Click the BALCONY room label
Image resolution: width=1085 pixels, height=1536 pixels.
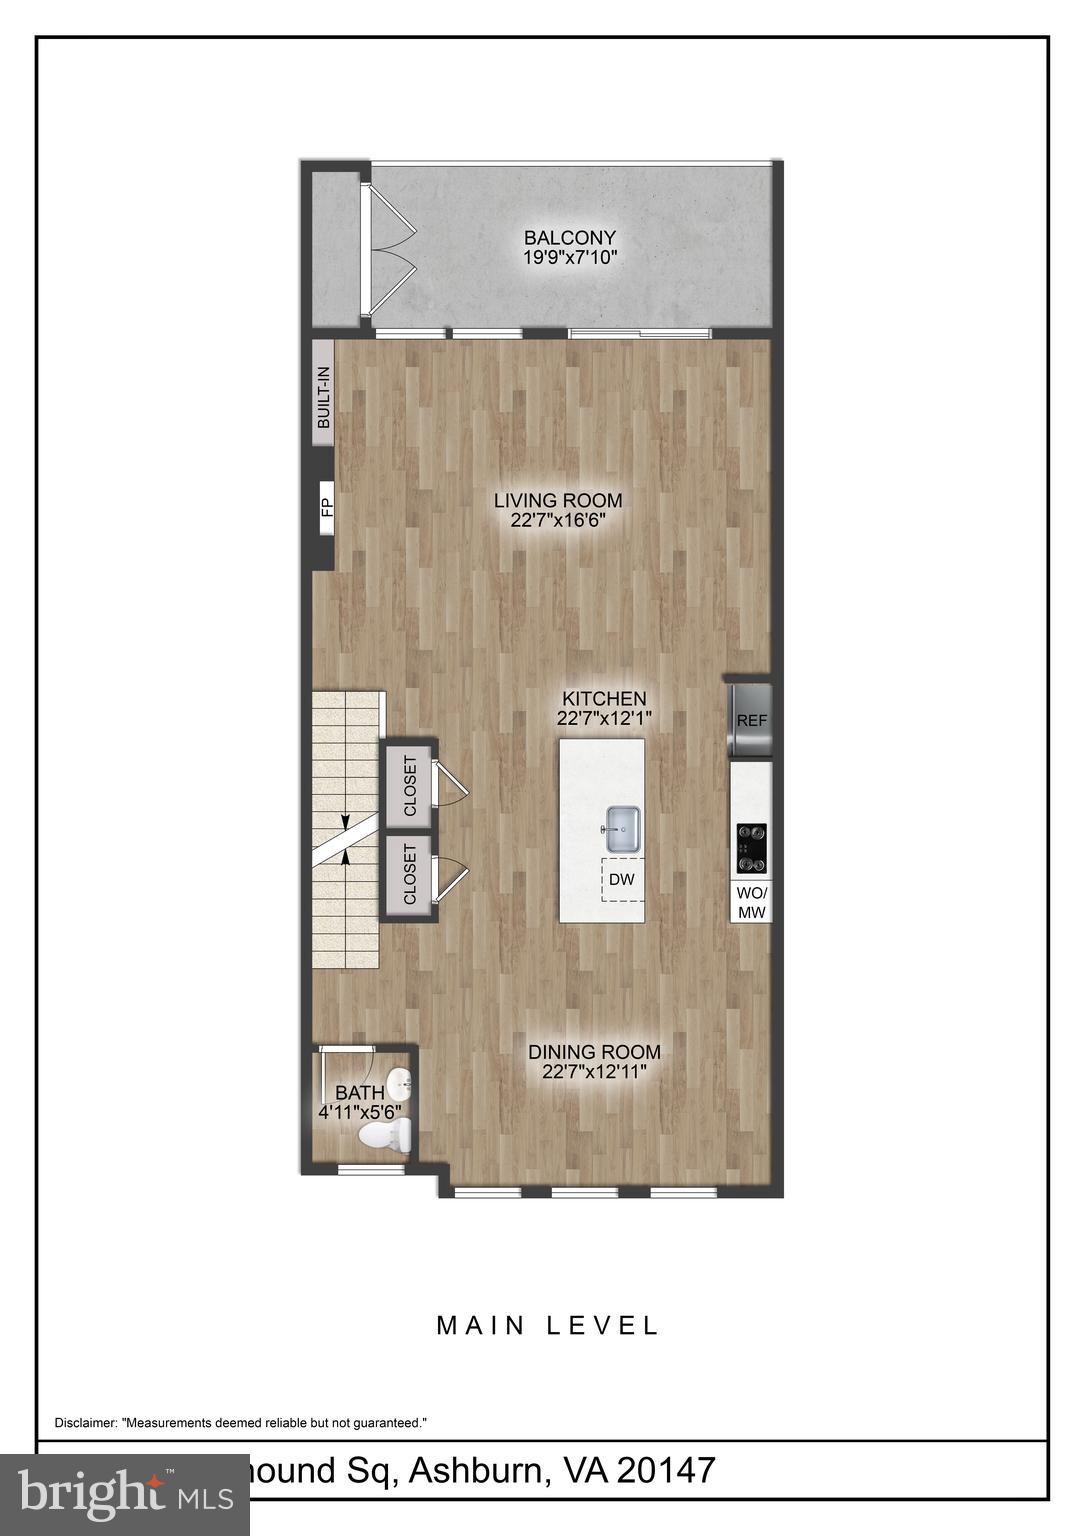click(570, 238)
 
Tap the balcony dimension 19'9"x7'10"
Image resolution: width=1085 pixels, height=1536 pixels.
click(570, 257)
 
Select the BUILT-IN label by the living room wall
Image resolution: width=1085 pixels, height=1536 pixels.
click(323, 398)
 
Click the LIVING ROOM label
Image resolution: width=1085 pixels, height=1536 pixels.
click(558, 500)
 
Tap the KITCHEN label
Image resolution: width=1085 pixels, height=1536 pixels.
click(603, 699)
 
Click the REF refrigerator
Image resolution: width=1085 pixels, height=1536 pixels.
click(751, 720)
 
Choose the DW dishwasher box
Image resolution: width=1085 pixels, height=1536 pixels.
click(622, 880)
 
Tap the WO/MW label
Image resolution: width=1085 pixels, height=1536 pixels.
click(751, 902)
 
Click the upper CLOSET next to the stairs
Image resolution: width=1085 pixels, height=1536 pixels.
click(410, 787)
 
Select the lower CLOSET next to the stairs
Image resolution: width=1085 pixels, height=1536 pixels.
click(410, 874)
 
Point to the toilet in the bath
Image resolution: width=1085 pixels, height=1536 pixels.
click(388, 1135)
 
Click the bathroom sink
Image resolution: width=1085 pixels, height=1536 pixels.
click(400, 1082)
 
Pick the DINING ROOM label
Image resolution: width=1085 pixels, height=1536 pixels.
click(594, 1052)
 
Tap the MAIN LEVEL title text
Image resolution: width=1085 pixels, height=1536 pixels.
click(548, 1326)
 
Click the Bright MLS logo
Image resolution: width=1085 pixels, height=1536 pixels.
click(125, 1495)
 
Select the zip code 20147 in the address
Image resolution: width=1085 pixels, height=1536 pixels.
click(665, 1470)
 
